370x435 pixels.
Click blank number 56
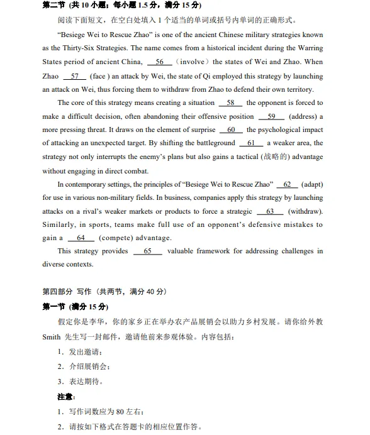(159, 62)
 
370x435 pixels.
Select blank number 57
(75, 76)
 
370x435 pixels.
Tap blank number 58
(230, 102)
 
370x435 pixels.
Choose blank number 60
(231, 130)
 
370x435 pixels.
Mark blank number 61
(251, 143)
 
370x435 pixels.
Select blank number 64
(81, 238)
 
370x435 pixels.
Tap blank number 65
(147, 251)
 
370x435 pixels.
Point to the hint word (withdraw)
(305, 211)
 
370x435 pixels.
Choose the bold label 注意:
(66, 397)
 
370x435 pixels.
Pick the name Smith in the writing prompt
(51, 337)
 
